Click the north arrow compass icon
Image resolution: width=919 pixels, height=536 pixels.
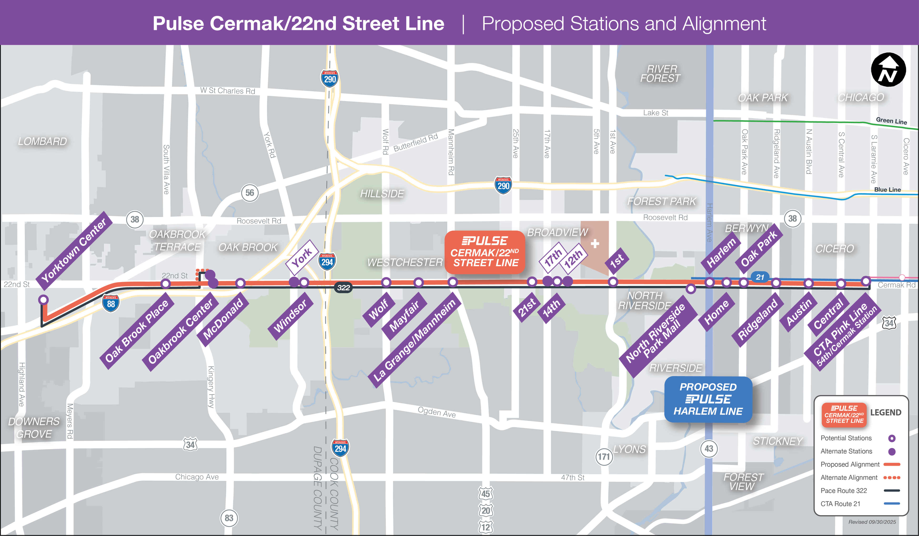888,70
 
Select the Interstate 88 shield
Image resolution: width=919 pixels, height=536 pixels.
111,303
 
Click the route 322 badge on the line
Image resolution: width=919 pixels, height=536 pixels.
343,288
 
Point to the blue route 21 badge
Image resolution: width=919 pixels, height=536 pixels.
760,277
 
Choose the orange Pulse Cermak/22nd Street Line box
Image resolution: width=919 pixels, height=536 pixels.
485,252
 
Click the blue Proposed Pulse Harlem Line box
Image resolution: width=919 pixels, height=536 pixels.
708,399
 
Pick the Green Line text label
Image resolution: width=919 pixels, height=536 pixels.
891,121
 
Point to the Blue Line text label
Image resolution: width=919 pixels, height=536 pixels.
887,190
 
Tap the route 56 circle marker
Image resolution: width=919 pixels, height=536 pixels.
250,193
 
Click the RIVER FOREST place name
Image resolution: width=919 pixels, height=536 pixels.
661,74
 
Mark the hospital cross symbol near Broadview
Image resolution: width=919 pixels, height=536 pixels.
595,243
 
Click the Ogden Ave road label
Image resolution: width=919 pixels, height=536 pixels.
437,412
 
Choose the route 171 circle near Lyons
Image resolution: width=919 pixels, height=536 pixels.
604,456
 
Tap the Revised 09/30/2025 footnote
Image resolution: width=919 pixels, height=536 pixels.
872,522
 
